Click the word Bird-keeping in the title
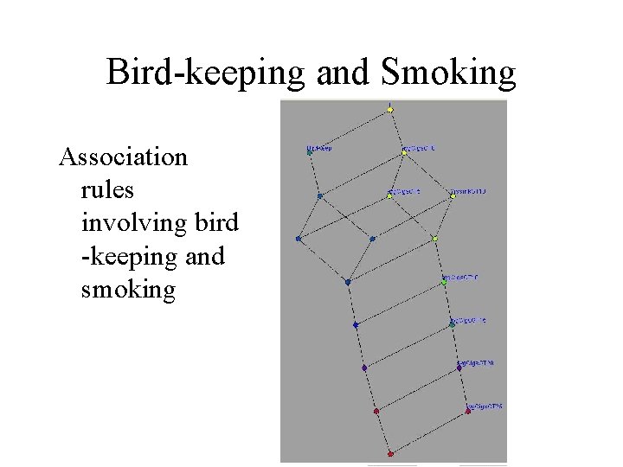tap(206, 73)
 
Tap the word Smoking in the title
tap(448, 73)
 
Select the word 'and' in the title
tap(344, 73)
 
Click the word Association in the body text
tap(123, 157)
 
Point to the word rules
tap(108, 190)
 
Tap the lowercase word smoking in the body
tap(128, 289)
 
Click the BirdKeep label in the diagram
tap(319, 148)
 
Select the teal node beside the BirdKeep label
tap(310, 153)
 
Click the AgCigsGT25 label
tap(485, 406)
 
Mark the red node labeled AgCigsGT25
tap(468, 411)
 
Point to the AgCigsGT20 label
tap(477, 363)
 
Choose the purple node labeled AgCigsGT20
tap(459, 368)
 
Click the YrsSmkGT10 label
tap(468, 191)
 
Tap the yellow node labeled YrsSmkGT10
tap(452, 195)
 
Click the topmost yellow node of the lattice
tap(390, 110)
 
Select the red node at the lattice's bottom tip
tap(390, 453)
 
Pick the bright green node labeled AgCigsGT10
tap(444, 282)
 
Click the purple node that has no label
tap(364, 368)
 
